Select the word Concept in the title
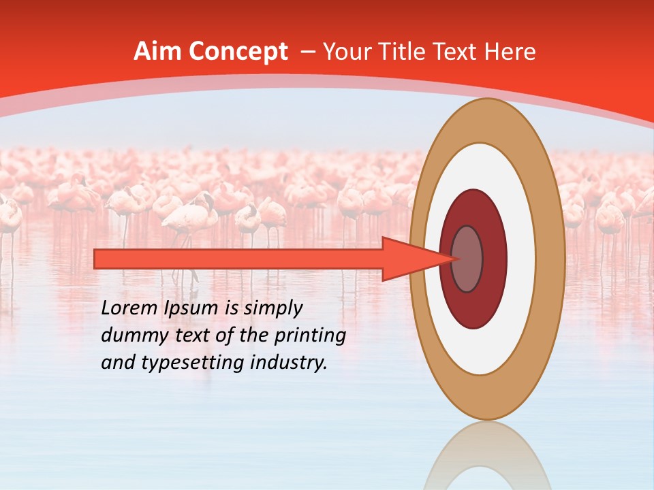235,52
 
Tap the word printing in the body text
311,336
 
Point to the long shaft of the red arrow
238,259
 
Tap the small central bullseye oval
468,259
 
